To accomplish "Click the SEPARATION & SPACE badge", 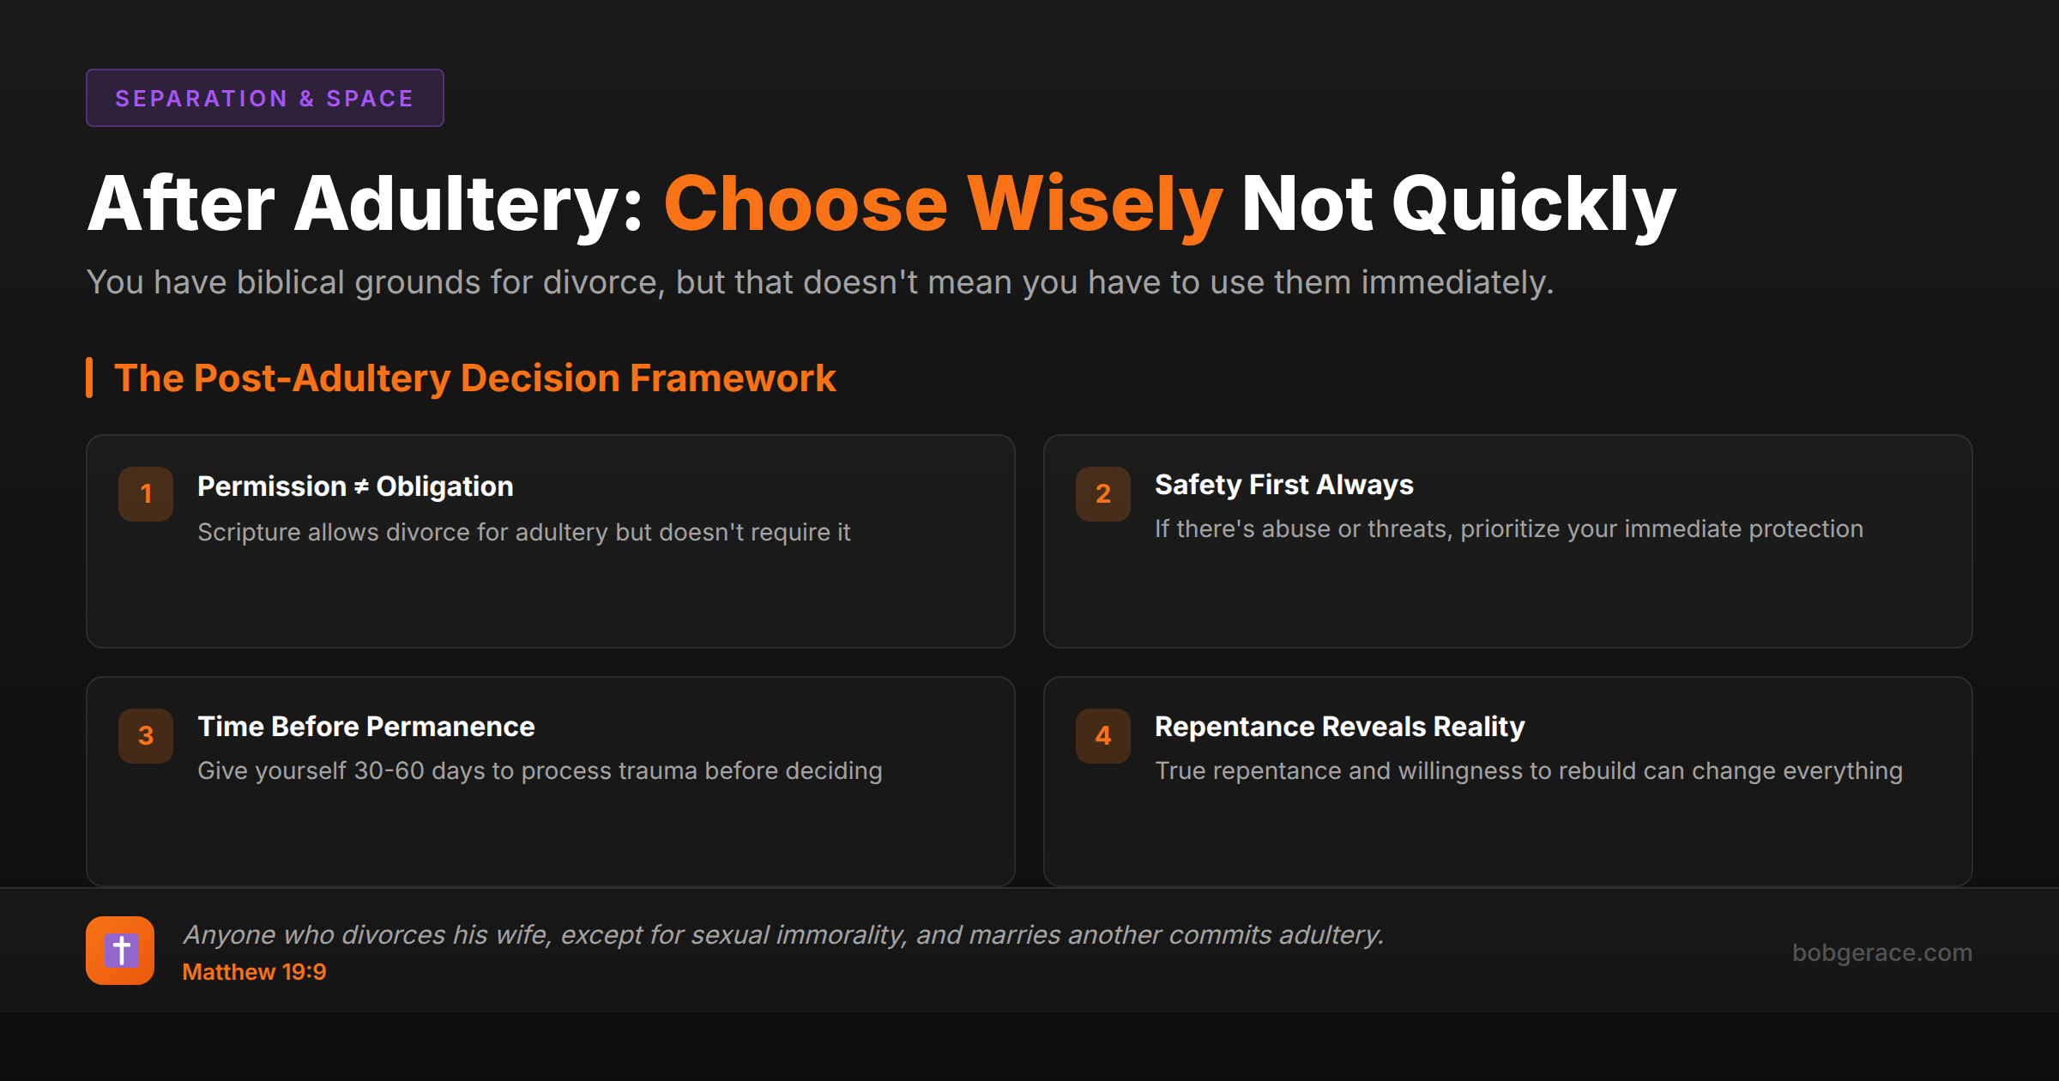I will click(x=264, y=99).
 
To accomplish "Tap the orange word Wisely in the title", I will click(x=1095, y=204).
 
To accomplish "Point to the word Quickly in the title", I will click(x=1533, y=204).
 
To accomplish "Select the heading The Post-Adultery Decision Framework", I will click(x=474, y=378).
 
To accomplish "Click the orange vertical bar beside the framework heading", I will click(x=89, y=377).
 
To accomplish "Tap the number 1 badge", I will click(x=146, y=494).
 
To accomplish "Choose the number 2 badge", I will click(x=1103, y=494).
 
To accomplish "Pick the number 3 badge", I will click(x=146, y=736).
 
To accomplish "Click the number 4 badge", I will click(x=1103, y=736).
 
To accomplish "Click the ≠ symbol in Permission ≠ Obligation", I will click(x=361, y=487).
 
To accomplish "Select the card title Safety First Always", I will click(x=1283, y=485).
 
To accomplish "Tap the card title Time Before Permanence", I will click(x=366, y=727).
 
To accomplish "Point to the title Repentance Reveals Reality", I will click(x=1339, y=727).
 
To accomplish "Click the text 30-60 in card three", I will click(x=389, y=770).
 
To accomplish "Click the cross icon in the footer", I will click(x=120, y=951).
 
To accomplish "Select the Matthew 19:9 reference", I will click(x=254, y=972).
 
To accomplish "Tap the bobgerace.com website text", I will click(x=1881, y=952).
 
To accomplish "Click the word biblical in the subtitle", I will click(x=290, y=282).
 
